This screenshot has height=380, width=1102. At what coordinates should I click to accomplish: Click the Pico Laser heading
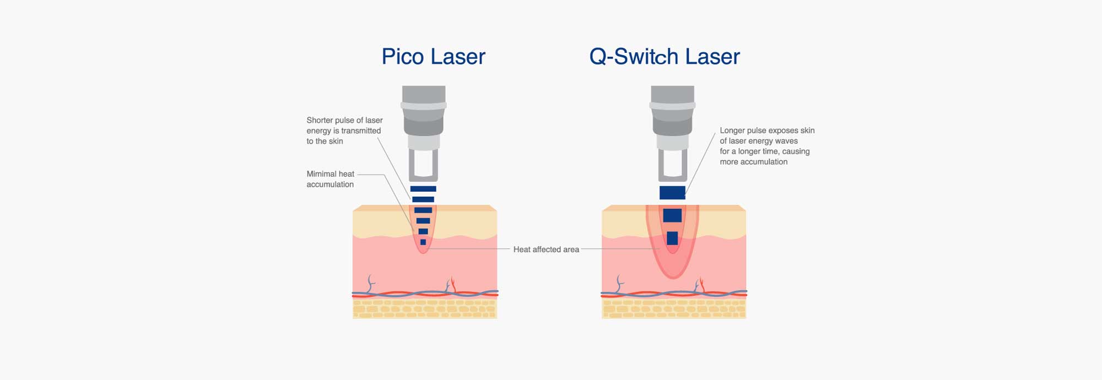coord(433,57)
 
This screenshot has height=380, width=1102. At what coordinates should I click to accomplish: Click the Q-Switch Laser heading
coord(665,57)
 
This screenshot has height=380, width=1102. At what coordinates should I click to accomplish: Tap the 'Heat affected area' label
coord(546,249)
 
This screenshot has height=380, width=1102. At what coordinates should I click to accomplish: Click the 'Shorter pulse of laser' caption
coord(344,120)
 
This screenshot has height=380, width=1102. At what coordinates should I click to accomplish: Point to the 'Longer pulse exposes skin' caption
coord(767,131)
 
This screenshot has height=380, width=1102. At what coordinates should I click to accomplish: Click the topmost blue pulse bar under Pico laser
coord(423,189)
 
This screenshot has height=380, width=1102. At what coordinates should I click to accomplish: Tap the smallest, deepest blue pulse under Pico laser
coord(423,242)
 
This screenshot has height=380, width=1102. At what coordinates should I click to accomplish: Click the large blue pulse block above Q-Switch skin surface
coord(672,193)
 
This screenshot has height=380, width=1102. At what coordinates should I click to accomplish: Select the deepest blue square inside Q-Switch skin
coord(672,238)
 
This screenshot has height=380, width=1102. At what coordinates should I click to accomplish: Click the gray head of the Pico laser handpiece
coord(423,110)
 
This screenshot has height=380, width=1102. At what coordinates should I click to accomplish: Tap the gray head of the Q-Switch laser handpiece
coord(672,110)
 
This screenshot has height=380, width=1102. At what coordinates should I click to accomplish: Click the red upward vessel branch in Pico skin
coord(453,284)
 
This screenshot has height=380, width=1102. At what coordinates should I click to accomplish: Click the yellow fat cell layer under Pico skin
coord(424,309)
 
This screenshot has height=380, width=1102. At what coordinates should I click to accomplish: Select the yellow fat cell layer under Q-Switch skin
coord(673,309)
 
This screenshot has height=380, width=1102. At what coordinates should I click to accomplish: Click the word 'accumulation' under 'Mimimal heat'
coord(330,184)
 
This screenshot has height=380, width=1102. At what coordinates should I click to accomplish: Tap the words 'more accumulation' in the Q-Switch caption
coord(753,162)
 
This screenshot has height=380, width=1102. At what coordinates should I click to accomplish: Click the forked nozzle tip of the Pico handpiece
coord(423,166)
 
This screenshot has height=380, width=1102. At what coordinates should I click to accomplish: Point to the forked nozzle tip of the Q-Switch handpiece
coord(672,166)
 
